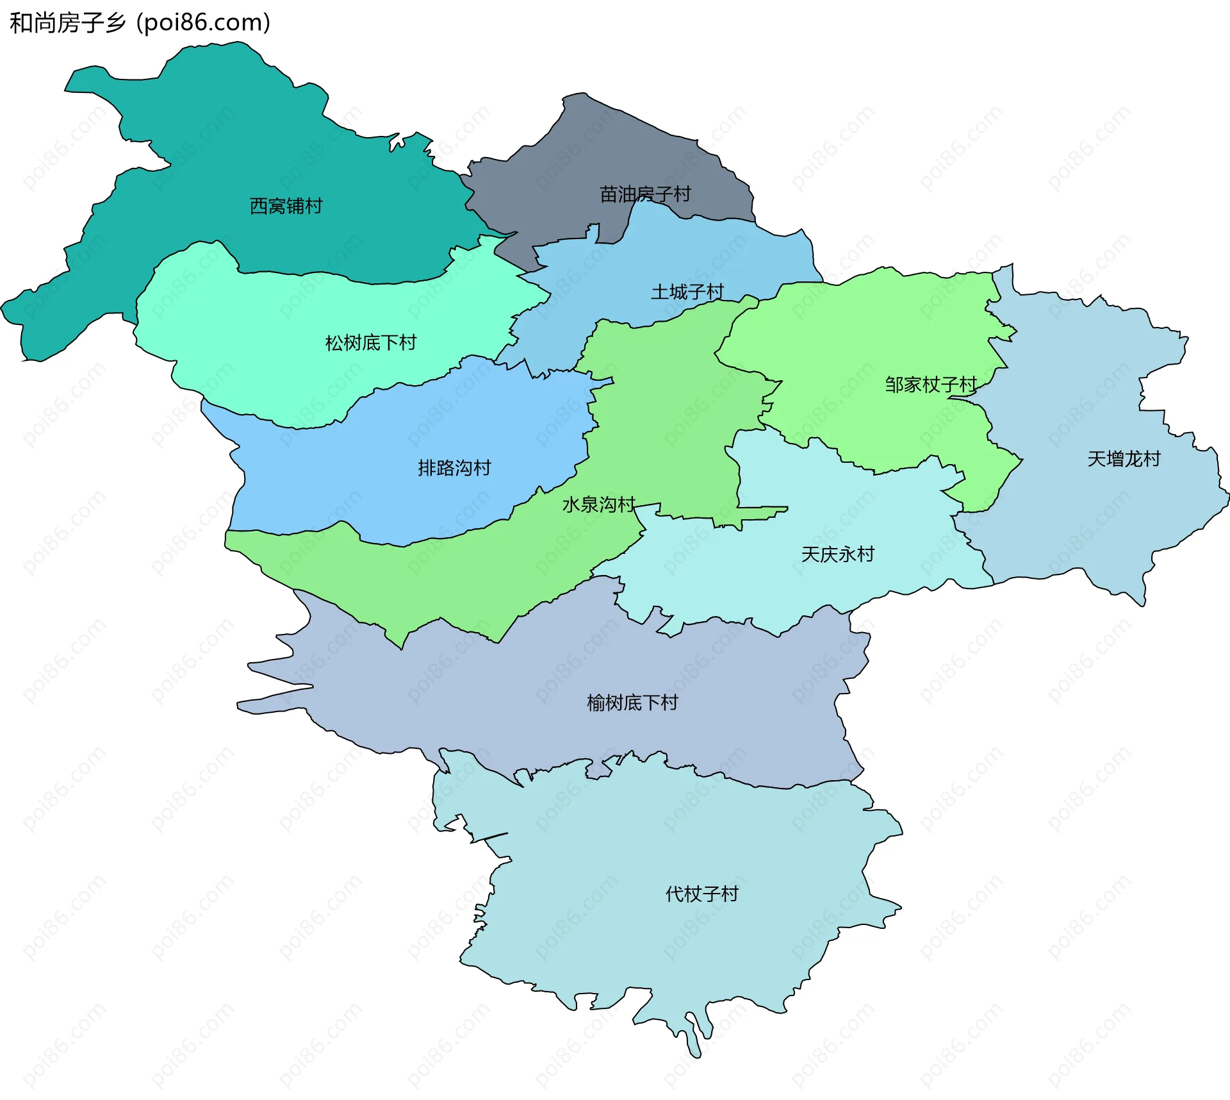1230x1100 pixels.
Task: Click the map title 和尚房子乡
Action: (67, 22)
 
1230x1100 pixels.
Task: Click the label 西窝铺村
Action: (286, 206)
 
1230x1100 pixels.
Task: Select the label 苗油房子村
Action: (645, 194)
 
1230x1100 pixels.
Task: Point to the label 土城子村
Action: (687, 292)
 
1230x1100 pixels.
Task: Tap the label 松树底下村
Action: (370, 343)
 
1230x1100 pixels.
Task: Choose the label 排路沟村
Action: (454, 468)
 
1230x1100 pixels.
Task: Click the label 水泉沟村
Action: (598, 504)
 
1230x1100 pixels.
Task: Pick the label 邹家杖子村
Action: (931, 385)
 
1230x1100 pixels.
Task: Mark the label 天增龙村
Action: (1124, 459)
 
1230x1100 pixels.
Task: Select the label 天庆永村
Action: (837, 554)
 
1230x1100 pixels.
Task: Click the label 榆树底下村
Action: (632, 703)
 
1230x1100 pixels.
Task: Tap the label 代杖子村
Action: (702, 894)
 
